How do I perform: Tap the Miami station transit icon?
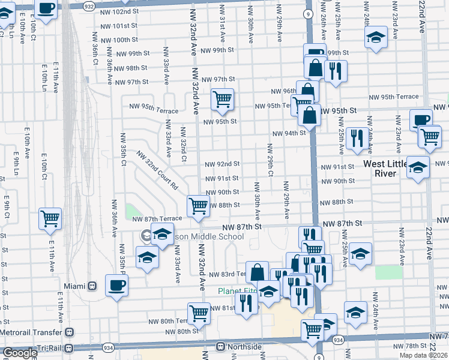pos(92,286)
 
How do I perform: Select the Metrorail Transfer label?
pos(32,332)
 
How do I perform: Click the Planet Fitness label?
pos(231,291)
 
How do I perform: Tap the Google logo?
pos(20,353)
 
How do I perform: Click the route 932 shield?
pos(89,5)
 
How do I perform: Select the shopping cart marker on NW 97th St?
pos(222,98)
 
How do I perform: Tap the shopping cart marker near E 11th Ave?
pos(50,218)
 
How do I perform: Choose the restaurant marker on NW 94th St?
pos(357,138)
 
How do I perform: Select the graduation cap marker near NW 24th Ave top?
pos(376,37)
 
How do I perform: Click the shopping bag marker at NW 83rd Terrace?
pos(257,272)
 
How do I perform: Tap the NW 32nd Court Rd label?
pos(157,170)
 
